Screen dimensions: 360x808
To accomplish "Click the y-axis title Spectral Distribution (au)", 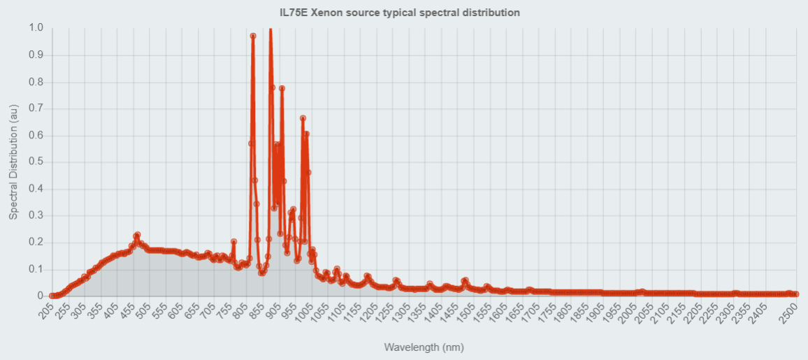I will (13, 161).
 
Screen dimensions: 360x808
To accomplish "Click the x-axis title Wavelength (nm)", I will (424, 347).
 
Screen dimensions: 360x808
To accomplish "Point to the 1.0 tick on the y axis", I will (36, 28).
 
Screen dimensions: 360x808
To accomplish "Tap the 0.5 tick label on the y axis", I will (36, 162).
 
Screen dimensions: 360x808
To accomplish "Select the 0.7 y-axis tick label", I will (36, 108).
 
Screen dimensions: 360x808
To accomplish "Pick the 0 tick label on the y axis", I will (40, 296).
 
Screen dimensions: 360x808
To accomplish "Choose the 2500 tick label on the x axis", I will (788, 314).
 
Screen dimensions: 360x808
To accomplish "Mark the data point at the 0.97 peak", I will (253, 36).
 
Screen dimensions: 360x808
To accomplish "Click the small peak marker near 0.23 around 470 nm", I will (137, 235).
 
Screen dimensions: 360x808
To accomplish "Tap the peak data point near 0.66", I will (303, 118).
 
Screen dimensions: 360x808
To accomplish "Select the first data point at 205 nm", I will (52, 296).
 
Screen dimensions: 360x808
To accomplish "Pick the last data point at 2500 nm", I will (795, 294).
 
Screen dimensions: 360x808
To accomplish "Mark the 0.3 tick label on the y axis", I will (36, 215).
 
